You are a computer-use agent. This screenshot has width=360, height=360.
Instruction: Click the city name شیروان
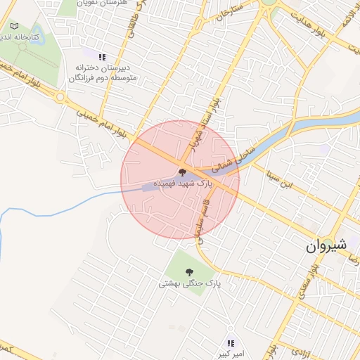click(327, 246)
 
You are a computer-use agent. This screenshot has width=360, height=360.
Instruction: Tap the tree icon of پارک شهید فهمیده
click(182, 172)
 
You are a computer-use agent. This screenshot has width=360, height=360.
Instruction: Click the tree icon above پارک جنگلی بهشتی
click(189, 272)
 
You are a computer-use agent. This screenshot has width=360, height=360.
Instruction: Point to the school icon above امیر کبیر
click(230, 343)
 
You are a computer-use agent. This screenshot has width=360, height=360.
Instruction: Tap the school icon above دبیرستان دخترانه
click(103, 57)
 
